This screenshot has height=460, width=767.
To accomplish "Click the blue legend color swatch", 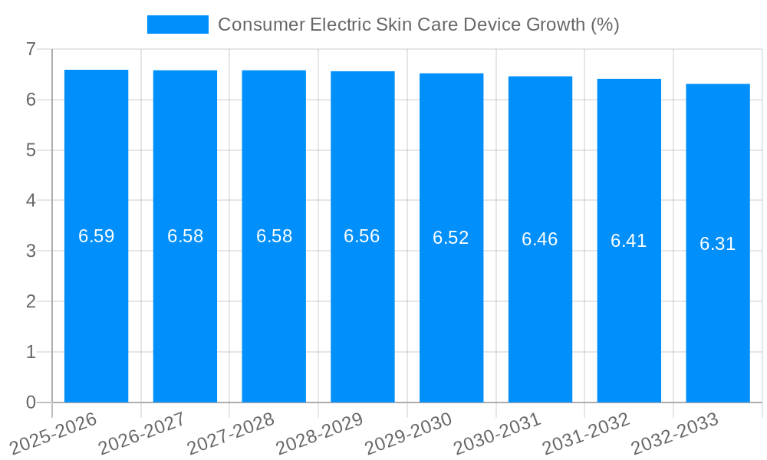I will (177, 25).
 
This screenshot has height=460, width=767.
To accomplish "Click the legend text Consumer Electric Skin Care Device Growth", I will (418, 25).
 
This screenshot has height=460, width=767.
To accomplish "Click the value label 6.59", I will (96, 236).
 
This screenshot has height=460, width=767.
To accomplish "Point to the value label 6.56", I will (362, 236).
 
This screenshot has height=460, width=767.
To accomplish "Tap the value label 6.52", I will (451, 238).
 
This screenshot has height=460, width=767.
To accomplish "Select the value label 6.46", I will (540, 239).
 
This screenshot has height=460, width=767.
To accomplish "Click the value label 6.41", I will (629, 241).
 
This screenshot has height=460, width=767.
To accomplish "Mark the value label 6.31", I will (718, 244).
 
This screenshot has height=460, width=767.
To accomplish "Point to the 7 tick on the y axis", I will (31, 49).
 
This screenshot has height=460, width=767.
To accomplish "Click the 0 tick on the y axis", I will (31, 402).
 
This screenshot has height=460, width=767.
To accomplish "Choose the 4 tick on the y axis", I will (31, 200).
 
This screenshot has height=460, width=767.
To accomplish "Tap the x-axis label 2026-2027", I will (142, 434).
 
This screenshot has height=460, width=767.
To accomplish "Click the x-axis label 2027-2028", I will (231, 434).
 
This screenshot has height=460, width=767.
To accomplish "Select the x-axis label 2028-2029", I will (320, 434).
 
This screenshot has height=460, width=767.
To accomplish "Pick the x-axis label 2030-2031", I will (497, 434).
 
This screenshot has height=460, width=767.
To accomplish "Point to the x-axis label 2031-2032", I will (586, 434).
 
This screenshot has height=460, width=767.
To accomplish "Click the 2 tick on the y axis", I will (31, 301).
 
